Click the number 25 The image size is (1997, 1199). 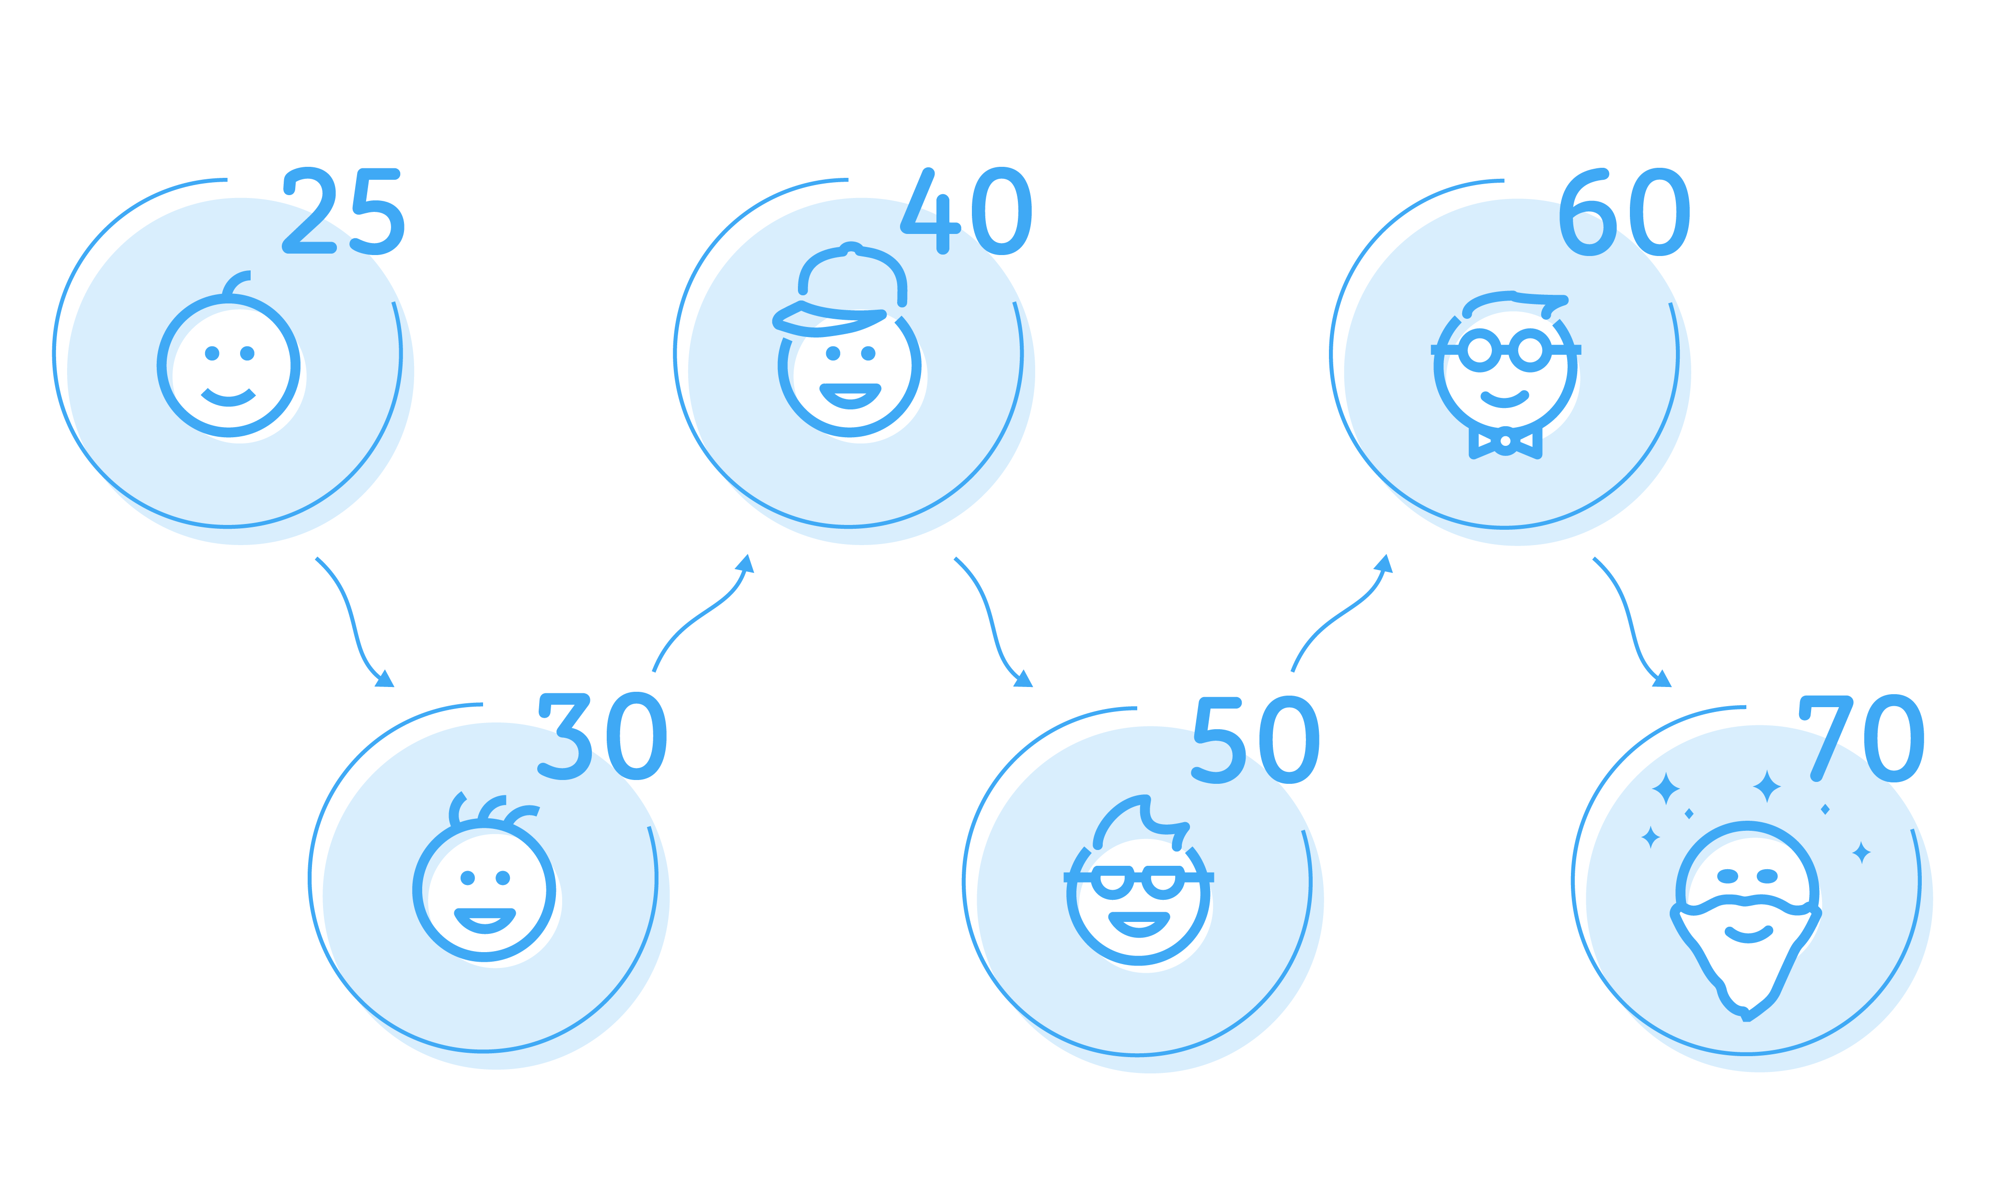pos(343,211)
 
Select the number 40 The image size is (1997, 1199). pos(966,211)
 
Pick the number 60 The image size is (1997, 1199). pos(1624,212)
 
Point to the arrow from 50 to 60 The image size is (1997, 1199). pos(1340,614)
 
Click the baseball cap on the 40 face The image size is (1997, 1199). pos(840,289)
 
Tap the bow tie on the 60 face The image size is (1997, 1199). pos(1505,441)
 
